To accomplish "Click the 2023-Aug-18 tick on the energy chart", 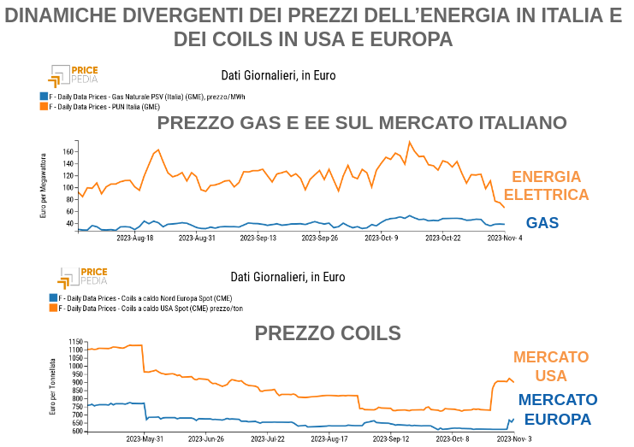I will pos(137,238).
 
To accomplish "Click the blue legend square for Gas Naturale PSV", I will pos(44,97).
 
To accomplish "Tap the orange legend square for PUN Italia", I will pos(44,107).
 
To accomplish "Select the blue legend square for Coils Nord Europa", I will pos(53,298).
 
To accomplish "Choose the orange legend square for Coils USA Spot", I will pos(53,308).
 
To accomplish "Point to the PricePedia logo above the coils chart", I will pos(83,277).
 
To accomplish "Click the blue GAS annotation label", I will pos(542,223).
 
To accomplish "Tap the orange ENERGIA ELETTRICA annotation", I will pos(550,185).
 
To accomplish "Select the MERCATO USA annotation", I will pos(551,366).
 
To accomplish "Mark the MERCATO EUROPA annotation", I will pos(558,409).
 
